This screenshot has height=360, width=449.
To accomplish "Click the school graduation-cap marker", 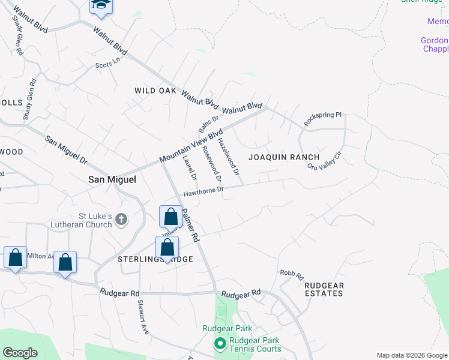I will click(x=101, y=5).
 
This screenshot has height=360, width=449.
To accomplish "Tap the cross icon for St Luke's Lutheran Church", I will click(x=121, y=219).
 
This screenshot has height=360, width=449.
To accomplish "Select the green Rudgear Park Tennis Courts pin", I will click(x=220, y=344).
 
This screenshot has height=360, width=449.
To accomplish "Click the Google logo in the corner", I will click(x=20, y=353).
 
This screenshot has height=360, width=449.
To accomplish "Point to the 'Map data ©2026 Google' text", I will click(x=412, y=355).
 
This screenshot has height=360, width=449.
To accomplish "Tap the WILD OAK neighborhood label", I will click(x=155, y=91).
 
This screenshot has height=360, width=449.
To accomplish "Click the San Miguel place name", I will click(x=112, y=179).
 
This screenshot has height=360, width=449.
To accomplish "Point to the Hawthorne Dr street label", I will click(x=203, y=191).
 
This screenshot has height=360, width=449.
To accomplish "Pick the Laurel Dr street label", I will click(x=190, y=168).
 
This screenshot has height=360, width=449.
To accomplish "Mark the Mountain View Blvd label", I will click(x=191, y=146).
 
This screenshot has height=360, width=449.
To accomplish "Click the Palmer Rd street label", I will click(x=191, y=225).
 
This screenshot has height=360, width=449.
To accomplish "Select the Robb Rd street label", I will click(x=292, y=274).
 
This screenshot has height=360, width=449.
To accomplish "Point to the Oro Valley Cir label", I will click(x=324, y=160).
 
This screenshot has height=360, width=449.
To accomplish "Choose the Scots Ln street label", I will click(x=104, y=65).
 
